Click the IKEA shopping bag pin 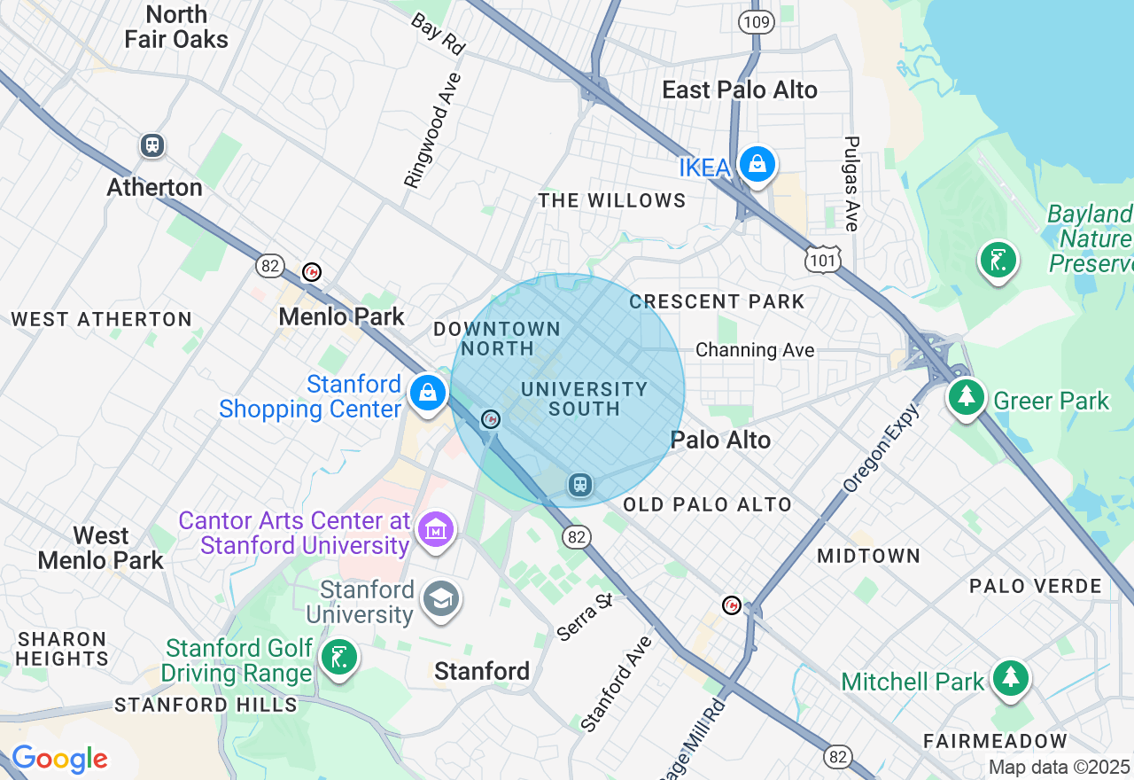[x=757, y=164]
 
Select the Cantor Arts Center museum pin [x=436, y=530]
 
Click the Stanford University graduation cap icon [x=440, y=599]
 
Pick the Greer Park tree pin [x=967, y=396]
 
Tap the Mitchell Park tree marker [x=1010, y=678]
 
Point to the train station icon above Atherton [x=152, y=145]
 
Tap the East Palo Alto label [x=740, y=90]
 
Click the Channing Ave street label [x=755, y=350]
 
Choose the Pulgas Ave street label [x=852, y=183]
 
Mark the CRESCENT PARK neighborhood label [x=717, y=301]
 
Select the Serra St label [x=585, y=617]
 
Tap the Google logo [x=59, y=759]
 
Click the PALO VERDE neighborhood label [x=1035, y=586]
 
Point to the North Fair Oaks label [x=176, y=27]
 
